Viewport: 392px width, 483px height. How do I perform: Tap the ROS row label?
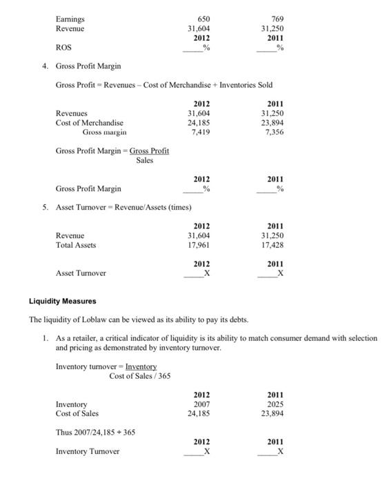63,48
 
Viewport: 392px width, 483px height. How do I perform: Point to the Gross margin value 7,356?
274,132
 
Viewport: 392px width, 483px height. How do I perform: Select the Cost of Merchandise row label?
84,122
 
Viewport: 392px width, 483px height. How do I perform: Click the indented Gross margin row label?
104,132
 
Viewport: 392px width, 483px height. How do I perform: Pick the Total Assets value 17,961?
199,244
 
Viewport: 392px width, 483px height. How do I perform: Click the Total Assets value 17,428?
273,244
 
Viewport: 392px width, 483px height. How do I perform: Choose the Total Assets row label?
75,244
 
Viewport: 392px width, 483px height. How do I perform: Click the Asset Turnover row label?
81,273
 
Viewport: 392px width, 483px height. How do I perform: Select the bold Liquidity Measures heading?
62,301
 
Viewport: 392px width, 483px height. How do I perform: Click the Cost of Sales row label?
77,414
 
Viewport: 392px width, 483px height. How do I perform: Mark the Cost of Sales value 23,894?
274,414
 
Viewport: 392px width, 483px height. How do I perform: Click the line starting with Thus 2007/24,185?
95,432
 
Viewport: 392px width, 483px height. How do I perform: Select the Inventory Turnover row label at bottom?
87,451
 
